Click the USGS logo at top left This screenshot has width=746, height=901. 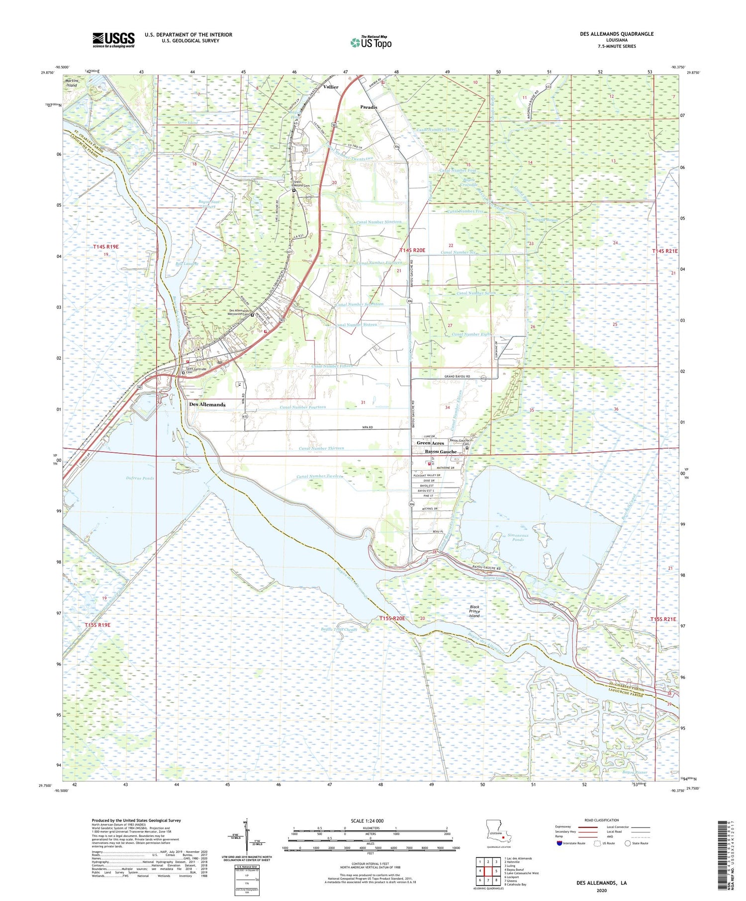(x=113, y=40)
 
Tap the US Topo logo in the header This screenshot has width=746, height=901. (x=371, y=42)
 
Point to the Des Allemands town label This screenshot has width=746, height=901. (x=207, y=405)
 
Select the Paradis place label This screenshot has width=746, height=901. (x=369, y=107)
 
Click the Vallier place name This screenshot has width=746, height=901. (x=331, y=87)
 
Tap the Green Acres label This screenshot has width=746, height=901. (x=430, y=443)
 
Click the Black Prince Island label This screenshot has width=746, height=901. (x=474, y=611)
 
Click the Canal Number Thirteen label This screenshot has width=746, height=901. (x=321, y=448)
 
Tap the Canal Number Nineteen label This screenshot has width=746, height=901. (x=378, y=222)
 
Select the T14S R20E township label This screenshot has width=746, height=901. (x=412, y=250)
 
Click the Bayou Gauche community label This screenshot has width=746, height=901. (x=440, y=452)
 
